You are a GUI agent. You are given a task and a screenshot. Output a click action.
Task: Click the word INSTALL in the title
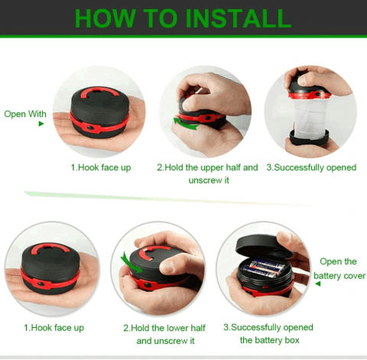[x=239, y=18]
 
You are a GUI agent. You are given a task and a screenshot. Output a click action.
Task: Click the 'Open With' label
[x=25, y=114]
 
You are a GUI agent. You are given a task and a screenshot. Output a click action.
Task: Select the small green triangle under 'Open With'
[x=41, y=124]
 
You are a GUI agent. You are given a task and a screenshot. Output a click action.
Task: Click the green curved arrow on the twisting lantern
[x=186, y=124]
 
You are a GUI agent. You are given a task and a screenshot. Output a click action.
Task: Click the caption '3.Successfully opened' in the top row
[x=311, y=167]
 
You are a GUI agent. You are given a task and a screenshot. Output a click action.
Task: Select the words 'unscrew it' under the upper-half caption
[x=209, y=180]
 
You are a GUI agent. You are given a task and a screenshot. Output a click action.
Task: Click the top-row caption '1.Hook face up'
[x=101, y=167]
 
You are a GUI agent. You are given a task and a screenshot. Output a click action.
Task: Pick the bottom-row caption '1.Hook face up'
[x=54, y=328]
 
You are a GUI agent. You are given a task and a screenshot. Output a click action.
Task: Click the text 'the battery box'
[x=270, y=340]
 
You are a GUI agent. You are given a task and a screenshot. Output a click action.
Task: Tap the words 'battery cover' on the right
[x=339, y=276]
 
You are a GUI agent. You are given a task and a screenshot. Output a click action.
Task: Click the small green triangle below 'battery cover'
[x=317, y=284]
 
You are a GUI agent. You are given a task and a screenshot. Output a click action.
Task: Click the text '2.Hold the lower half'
[x=164, y=328]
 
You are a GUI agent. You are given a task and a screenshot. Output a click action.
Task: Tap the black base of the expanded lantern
[x=309, y=138]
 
